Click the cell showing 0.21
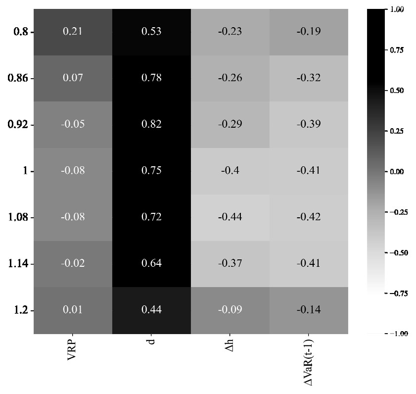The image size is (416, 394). point(73,32)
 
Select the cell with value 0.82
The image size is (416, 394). point(151,124)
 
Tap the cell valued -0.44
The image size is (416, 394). point(230,217)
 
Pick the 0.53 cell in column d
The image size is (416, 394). point(151,32)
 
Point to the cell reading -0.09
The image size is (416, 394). point(230,310)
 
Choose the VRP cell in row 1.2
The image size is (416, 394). point(73,310)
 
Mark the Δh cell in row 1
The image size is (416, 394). point(230,171)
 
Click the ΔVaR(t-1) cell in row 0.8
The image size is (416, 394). point(309,32)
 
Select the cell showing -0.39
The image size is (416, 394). point(309,124)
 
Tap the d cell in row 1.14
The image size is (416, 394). point(151,263)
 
